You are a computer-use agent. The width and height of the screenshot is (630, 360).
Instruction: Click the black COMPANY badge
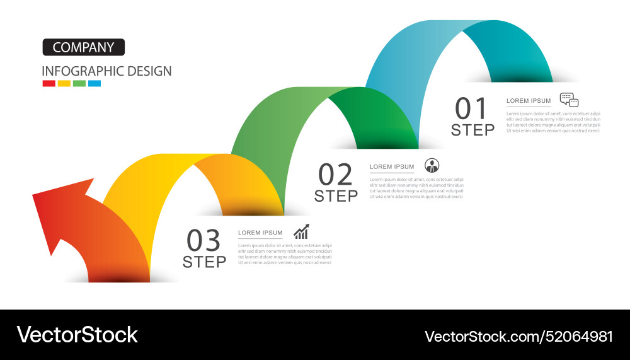point(84,47)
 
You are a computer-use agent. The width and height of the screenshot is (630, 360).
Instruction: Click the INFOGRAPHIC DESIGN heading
point(106,71)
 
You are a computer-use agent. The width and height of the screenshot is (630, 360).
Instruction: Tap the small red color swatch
point(49,83)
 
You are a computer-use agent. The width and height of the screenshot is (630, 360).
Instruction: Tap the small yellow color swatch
point(64,83)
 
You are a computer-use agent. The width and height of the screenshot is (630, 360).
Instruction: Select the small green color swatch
point(79,83)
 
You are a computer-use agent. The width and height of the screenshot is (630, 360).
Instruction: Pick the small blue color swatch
point(94,83)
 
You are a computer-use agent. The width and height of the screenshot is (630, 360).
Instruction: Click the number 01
point(472,109)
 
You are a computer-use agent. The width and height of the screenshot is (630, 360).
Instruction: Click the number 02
point(335,175)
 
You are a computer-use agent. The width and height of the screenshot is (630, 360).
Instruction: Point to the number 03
point(204,241)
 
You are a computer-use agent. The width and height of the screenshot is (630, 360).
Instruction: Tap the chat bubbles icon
point(569,100)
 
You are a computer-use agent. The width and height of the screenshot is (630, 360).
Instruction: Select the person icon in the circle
point(432,166)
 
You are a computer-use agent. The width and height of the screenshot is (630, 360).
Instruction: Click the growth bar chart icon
point(301,231)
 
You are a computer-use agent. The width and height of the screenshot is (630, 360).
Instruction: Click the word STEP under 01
point(472,131)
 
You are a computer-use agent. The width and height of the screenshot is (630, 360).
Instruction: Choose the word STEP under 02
point(336,196)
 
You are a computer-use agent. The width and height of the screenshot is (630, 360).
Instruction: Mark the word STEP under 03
point(204,262)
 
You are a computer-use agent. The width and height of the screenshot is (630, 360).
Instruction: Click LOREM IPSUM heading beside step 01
point(529,101)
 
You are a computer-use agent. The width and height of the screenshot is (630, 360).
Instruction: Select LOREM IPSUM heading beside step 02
point(392,167)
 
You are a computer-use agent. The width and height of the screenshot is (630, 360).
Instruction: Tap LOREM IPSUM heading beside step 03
point(260,233)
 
